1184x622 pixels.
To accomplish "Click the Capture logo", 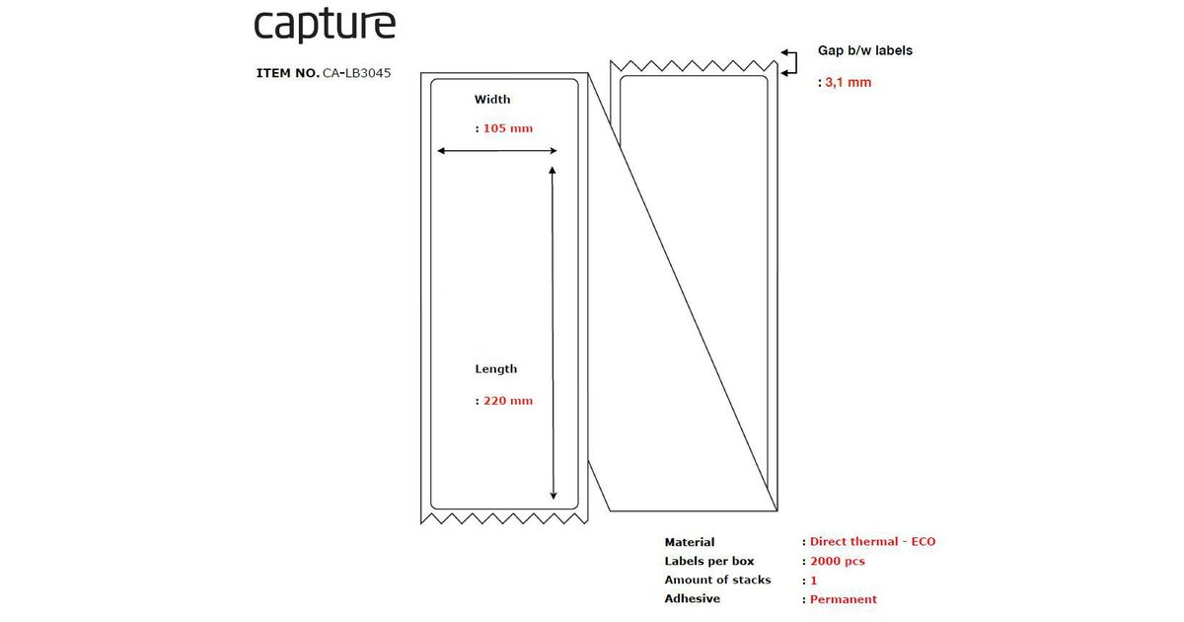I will point(325,26).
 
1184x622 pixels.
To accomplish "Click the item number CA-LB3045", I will point(357,73).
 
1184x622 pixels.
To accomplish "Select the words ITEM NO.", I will point(287,73).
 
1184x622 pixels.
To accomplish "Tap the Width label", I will point(492,100).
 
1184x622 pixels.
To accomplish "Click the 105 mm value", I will point(507,128).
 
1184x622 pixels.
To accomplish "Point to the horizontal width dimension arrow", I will point(497,151).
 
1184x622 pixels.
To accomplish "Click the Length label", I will point(495,369).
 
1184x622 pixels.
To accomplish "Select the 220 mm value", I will point(507,401).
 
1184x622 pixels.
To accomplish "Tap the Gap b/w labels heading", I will point(865,50).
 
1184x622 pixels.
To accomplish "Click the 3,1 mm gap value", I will point(848,83).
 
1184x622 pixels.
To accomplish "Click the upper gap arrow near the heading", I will point(788,52).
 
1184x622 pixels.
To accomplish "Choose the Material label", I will point(690,542).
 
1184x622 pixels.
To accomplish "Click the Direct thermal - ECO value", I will point(872,542).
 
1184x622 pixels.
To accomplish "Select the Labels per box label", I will point(709,561).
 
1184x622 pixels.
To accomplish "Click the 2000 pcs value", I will point(837,561).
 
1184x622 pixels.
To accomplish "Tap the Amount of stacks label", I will point(718,580).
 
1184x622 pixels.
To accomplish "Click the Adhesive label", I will point(693,598).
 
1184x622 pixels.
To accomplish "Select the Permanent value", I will point(843,599).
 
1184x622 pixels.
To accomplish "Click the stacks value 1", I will point(814,581).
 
